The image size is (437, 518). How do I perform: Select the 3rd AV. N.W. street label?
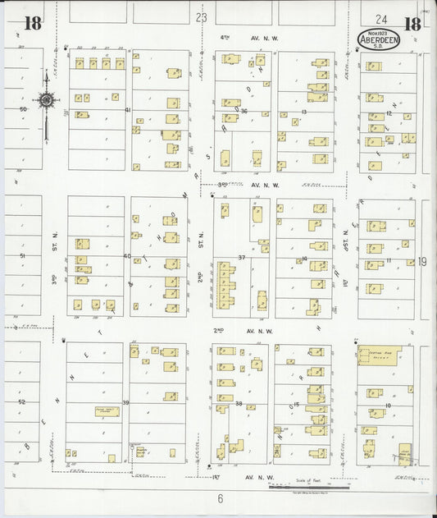pos(244,186)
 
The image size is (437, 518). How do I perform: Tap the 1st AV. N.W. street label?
pos(238,476)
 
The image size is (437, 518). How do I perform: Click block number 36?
pos(244,110)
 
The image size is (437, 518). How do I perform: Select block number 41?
pos(128,110)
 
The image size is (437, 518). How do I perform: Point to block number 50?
pos(23,109)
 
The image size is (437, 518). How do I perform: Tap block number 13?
pos(304,111)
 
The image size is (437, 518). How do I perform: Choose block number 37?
pos(242,258)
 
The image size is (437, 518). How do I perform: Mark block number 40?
pos(127,256)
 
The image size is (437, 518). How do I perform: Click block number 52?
pos(22,402)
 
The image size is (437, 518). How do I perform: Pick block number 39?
pos(126,402)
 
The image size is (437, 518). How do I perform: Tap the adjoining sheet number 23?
pos(202,16)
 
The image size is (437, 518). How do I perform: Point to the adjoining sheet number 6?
pos(221,498)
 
